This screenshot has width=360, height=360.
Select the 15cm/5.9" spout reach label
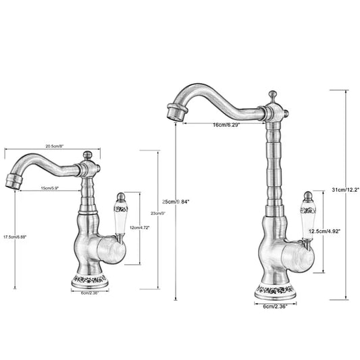point(51,188)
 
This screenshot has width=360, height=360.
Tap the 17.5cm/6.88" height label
point(14,237)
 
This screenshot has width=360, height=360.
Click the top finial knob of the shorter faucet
point(86,155)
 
